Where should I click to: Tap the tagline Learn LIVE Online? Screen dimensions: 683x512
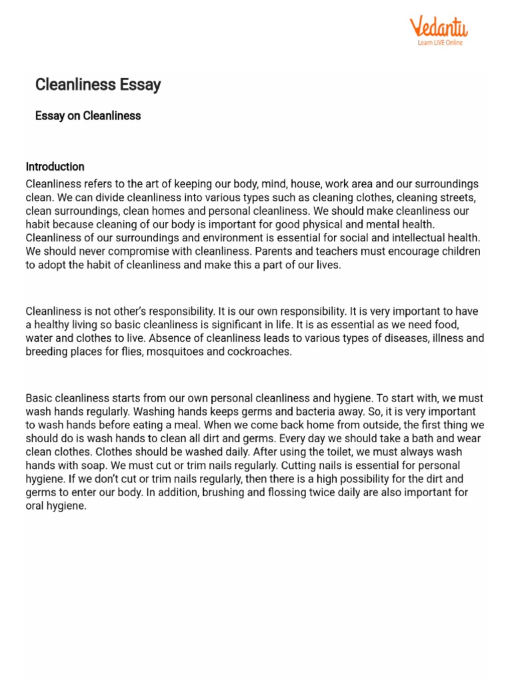pyautogui.click(x=439, y=43)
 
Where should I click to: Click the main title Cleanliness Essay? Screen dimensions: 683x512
pyautogui.click(x=98, y=85)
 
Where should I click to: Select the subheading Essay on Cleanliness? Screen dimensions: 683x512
pyautogui.click(x=88, y=115)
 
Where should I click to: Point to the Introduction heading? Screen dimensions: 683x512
pyautogui.click(x=55, y=167)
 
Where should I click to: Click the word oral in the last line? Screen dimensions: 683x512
pyautogui.click(x=37, y=506)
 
